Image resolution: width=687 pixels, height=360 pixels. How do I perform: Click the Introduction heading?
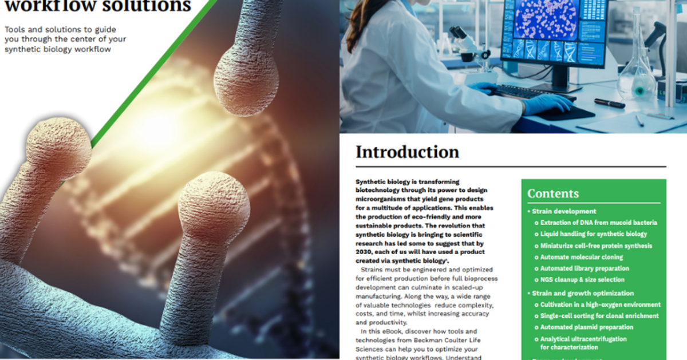(x=407, y=152)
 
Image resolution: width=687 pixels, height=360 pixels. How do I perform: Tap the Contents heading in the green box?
(x=553, y=193)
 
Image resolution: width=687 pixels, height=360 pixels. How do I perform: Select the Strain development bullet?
(x=564, y=211)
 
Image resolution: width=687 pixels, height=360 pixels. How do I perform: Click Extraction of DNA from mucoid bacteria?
(x=598, y=223)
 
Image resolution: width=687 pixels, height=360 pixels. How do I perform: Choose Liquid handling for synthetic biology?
(x=594, y=234)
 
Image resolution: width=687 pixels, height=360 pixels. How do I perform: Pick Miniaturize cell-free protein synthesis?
(x=596, y=246)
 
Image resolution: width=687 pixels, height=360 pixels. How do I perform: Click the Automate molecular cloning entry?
(x=582, y=257)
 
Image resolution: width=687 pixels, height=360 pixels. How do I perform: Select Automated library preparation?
(x=585, y=268)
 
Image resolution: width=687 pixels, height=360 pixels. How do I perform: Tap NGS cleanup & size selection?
(x=582, y=280)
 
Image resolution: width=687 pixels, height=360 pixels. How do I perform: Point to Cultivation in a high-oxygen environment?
(x=600, y=304)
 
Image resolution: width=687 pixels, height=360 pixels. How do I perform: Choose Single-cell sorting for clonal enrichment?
(x=599, y=316)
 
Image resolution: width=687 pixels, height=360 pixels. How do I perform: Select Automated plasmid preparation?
(x=587, y=327)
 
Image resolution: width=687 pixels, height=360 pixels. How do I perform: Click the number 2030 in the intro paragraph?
(x=365, y=252)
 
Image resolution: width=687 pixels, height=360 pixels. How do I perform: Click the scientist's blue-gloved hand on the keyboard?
(x=544, y=104)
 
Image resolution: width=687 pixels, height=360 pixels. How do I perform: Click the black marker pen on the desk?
(x=609, y=103)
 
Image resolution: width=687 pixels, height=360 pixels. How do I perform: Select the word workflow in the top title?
(x=38, y=6)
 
